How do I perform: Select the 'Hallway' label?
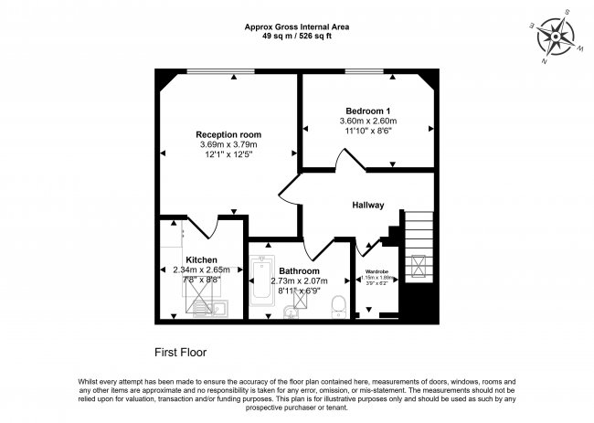point(368,205)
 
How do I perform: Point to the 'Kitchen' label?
point(201,259)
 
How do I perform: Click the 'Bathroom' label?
point(300,271)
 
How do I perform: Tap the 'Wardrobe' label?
point(377,271)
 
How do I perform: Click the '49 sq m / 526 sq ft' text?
point(296,37)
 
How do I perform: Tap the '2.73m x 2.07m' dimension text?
point(300,281)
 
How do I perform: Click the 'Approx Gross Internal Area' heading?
point(296,27)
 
